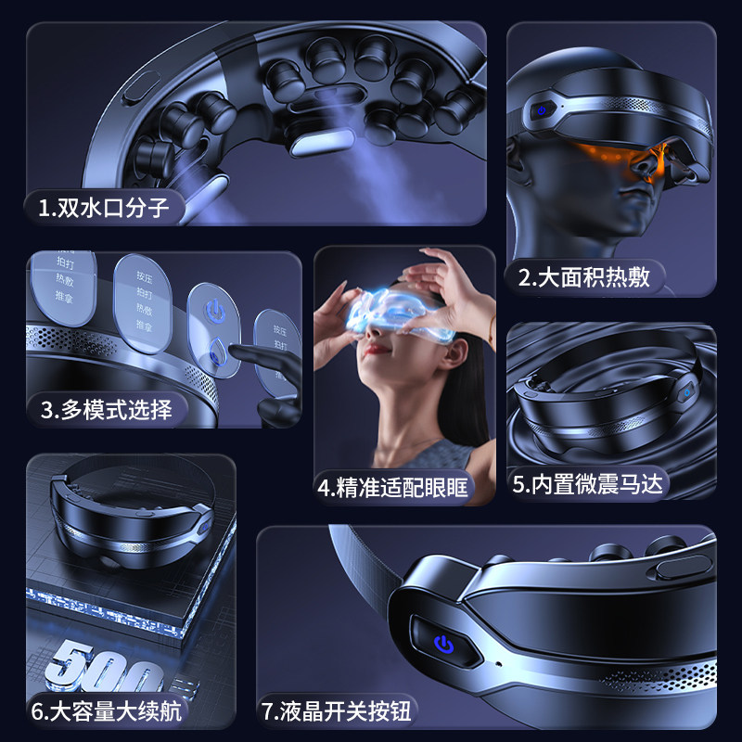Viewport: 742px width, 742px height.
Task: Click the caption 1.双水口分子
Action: [104, 207]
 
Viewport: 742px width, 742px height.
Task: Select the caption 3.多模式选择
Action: [107, 409]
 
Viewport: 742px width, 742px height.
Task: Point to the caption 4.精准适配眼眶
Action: [393, 487]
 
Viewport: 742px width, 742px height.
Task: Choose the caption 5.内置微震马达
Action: [591, 484]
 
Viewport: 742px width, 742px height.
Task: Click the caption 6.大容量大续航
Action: [107, 712]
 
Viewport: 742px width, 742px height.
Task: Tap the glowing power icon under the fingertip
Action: [214, 306]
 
